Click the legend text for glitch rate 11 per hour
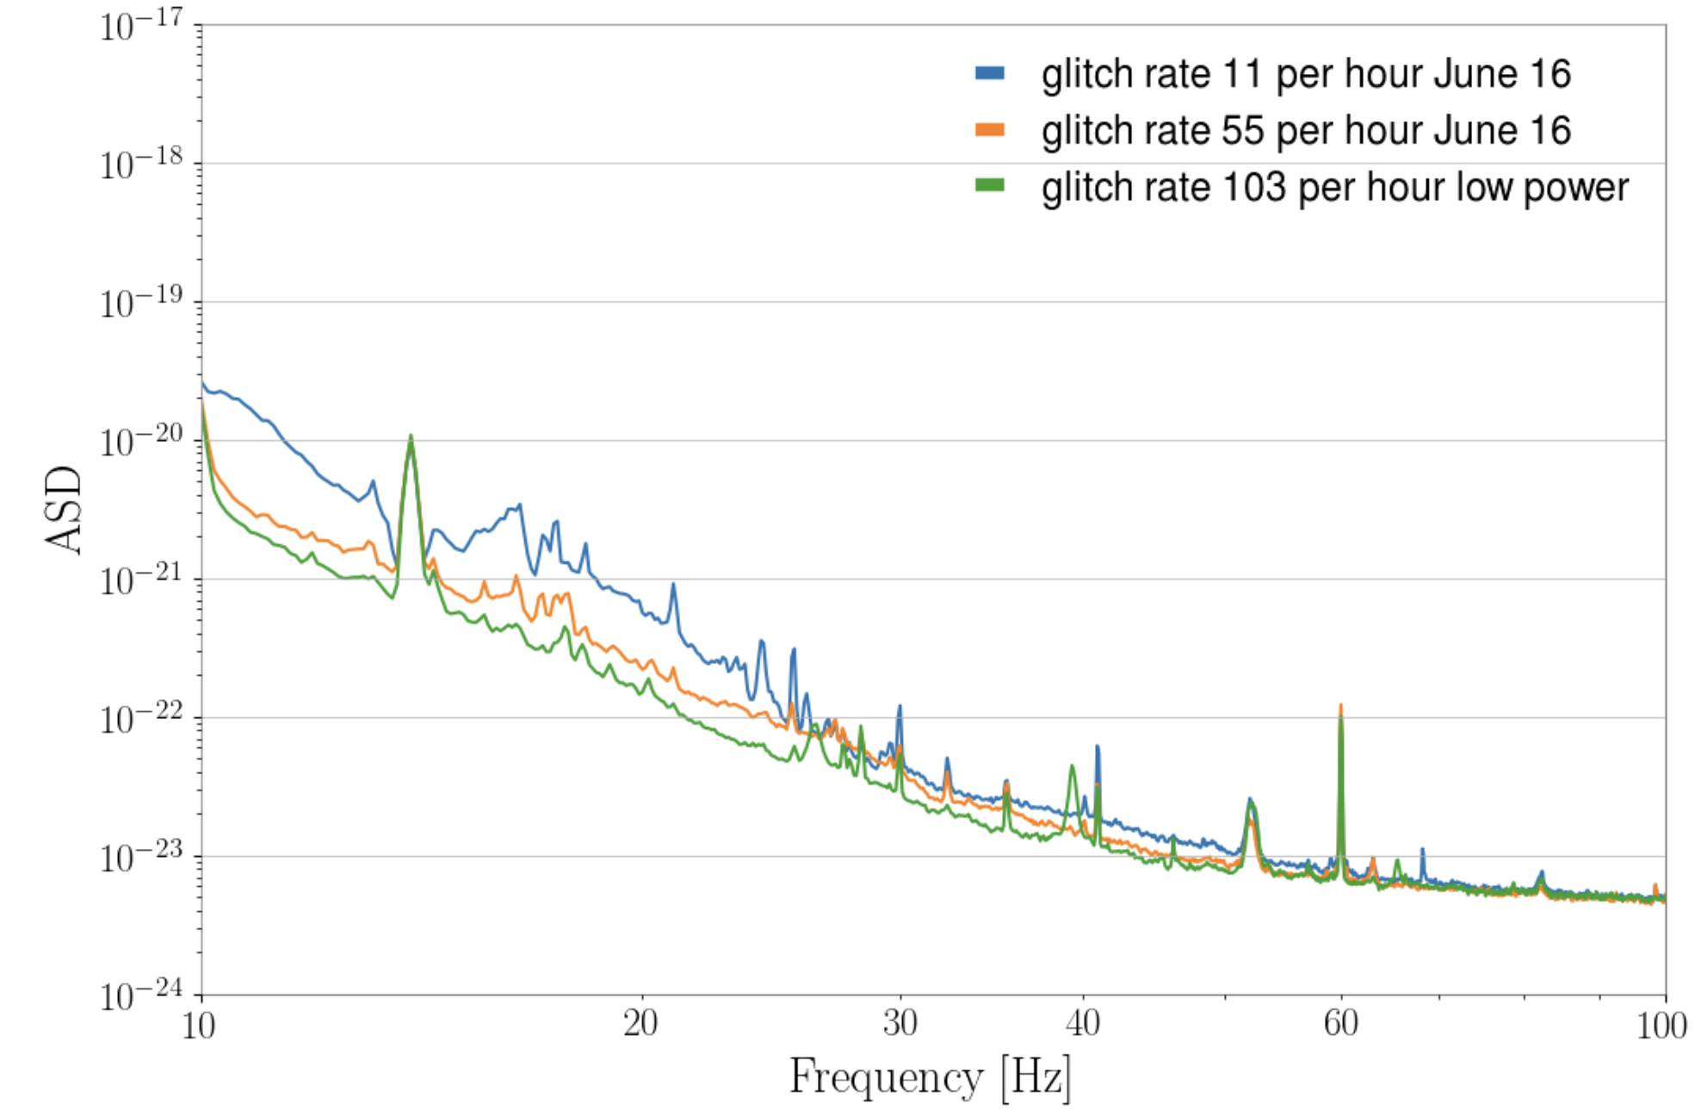click(x=1306, y=74)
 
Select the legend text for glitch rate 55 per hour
click(x=1306, y=131)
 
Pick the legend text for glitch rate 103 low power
click(x=1334, y=188)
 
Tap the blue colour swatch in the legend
click(x=990, y=73)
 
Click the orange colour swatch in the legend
click(x=990, y=130)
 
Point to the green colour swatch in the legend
click(x=990, y=186)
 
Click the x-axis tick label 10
click(x=199, y=1026)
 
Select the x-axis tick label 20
click(x=640, y=1024)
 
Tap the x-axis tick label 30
click(x=900, y=1024)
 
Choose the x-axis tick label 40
click(x=1083, y=1024)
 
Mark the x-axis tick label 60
click(x=1341, y=1024)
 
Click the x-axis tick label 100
click(x=1661, y=1026)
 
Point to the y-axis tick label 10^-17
click(x=141, y=27)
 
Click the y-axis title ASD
click(x=64, y=510)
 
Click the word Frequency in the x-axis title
click(x=886, y=1077)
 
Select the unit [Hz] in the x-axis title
click(x=1036, y=1077)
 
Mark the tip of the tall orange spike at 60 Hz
click(x=1340, y=705)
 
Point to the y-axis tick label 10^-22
click(x=141, y=719)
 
